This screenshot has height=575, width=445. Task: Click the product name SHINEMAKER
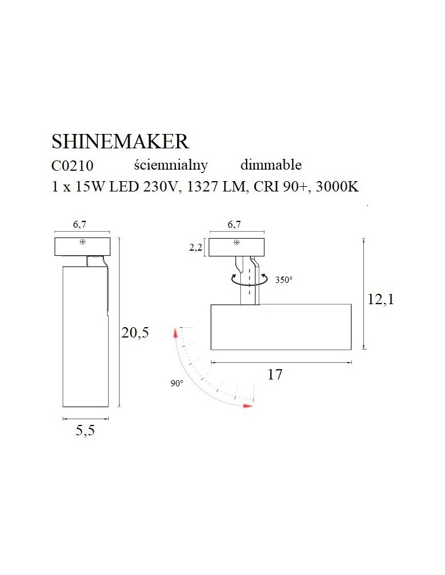pos(120,141)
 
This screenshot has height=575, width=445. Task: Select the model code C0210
pos(72,166)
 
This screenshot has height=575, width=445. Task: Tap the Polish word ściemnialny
pos(171,166)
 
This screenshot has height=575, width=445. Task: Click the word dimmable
pos(271,165)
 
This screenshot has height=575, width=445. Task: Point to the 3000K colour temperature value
pos(337,187)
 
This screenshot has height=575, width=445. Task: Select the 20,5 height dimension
pos(135,332)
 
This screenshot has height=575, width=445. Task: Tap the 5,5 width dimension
pos(85,430)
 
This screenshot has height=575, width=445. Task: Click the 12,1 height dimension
pos(381,300)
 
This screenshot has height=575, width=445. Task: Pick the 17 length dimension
pos(275,374)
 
